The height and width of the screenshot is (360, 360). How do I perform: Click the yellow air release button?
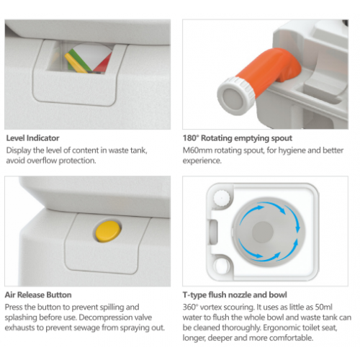click(x=109, y=231)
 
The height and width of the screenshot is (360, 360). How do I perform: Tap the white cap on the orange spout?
click(x=236, y=96)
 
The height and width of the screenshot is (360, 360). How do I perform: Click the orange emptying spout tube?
click(x=269, y=70)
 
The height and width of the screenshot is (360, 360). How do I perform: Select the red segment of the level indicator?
click(x=104, y=63)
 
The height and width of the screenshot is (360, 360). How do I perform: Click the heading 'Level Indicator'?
click(x=32, y=138)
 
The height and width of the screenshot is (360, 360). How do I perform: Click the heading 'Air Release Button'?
click(x=38, y=294)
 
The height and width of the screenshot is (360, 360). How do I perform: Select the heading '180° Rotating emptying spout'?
click(x=238, y=138)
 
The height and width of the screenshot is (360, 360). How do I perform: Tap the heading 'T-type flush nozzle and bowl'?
click(x=235, y=294)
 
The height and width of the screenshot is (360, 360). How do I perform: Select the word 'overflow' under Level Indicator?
click(x=42, y=161)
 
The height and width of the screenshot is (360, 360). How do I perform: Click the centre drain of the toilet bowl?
click(x=263, y=232)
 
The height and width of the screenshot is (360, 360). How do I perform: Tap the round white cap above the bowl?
click(x=221, y=198)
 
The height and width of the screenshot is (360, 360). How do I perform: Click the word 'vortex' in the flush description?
click(x=211, y=307)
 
